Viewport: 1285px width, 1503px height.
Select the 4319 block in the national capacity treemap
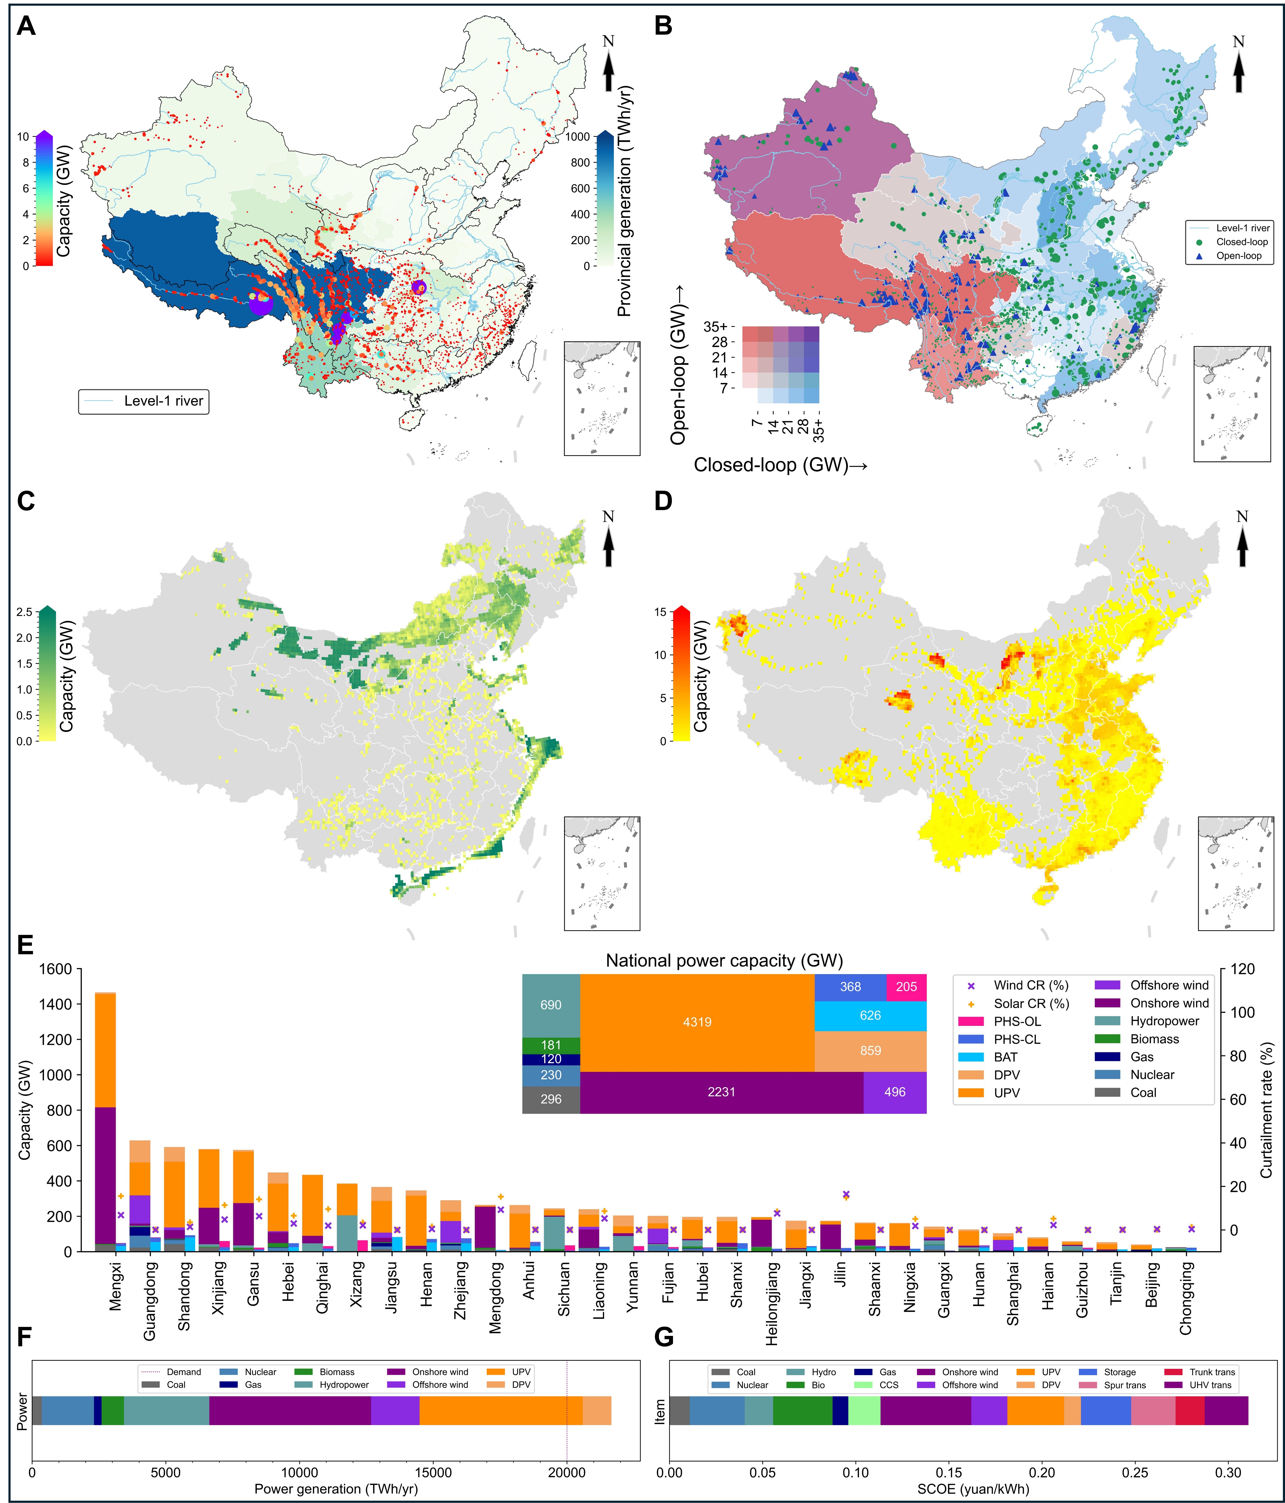tap(696, 1022)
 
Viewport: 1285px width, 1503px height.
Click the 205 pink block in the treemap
tap(906, 987)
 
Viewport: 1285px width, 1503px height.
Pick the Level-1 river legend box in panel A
tap(144, 401)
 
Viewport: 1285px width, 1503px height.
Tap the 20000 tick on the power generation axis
tap(566, 1473)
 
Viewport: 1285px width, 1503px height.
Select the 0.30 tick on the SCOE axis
tap(1228, 1473)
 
